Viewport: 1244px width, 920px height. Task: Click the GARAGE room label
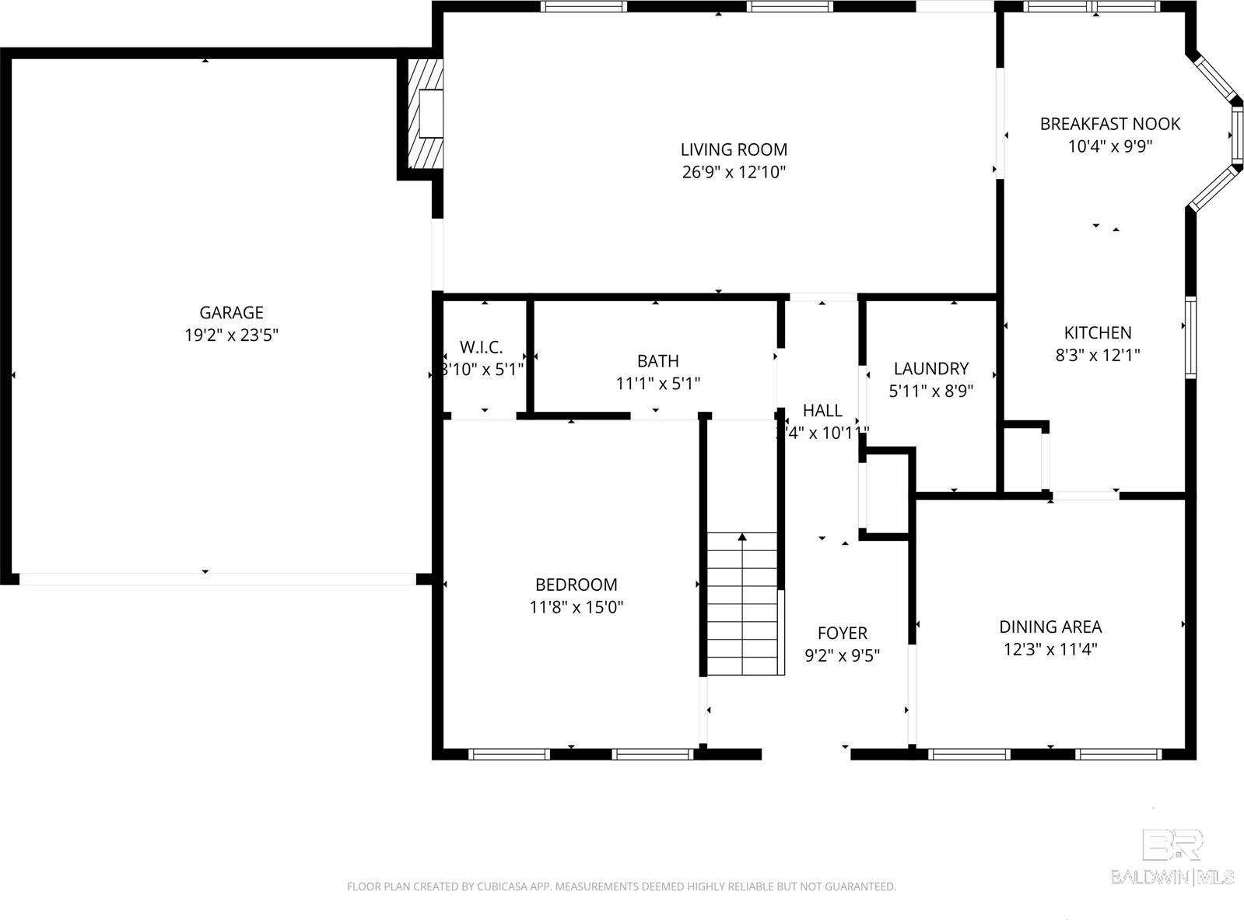[231, 313]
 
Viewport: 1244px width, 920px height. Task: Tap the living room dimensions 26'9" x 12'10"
[734, 172]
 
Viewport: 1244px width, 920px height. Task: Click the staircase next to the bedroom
[741, 603]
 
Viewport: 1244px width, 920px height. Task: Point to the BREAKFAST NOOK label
[1109, 124]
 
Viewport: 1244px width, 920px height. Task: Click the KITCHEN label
[1097, 333]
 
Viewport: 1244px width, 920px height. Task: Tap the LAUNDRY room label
[930, 369]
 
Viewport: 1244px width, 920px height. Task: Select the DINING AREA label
[1050, 627]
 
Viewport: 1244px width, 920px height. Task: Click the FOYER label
[842, 634]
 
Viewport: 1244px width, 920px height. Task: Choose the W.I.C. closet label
[481, 347]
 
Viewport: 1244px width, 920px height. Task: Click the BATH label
[657, 361]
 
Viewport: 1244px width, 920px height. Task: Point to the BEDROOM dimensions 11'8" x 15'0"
[576, 607]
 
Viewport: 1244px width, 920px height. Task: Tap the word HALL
[822, 411]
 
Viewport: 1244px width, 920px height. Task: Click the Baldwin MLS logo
[1172, 856]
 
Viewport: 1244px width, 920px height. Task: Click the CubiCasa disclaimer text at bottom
[621, 887]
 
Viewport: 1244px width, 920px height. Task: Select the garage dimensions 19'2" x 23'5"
[231, 335]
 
